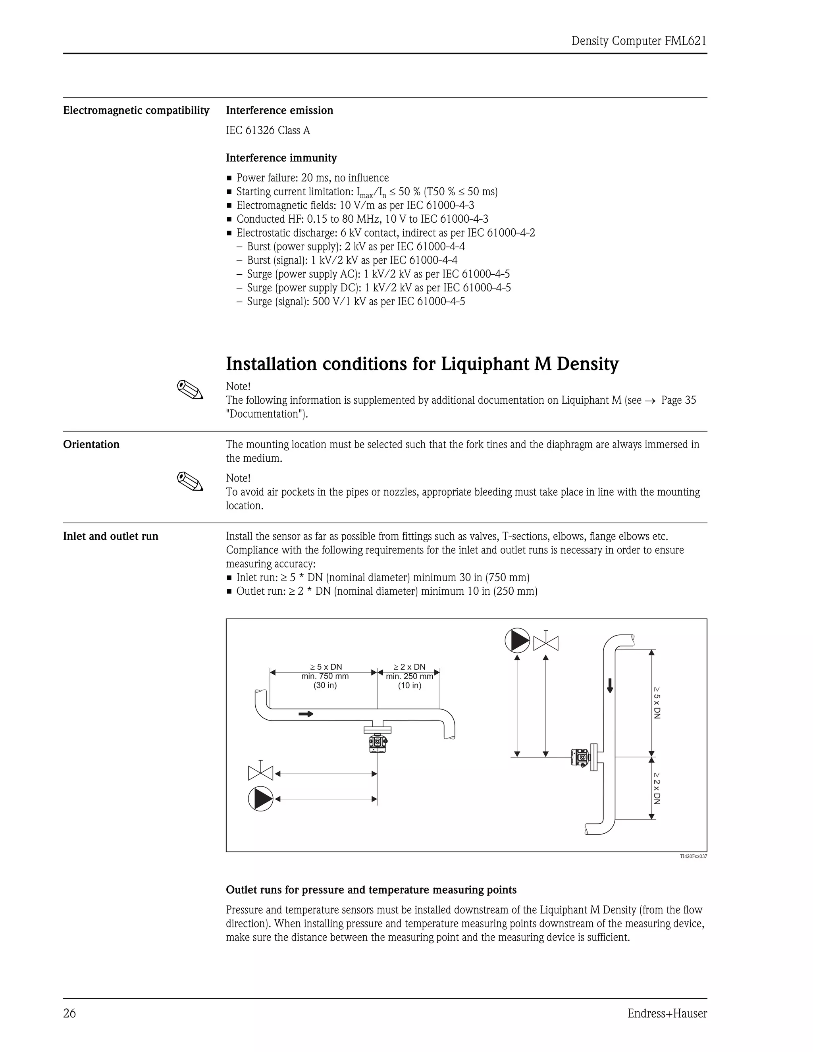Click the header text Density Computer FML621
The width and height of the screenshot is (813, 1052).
click(638, 41)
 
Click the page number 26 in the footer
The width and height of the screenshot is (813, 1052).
click(69, 1013)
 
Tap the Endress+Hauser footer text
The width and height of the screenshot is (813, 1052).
click(667, 1013)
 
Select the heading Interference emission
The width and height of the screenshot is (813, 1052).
click(279, 110)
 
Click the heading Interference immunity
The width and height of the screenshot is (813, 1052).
click(281, 158)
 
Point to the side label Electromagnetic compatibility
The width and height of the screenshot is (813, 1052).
click(136, 110)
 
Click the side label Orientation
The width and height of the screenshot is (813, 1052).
click(91, 444)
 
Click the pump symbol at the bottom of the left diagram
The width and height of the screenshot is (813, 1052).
click(260, 799)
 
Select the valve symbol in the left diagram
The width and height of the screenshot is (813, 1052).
click(260, 773)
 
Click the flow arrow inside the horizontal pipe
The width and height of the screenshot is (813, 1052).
click(305, 714)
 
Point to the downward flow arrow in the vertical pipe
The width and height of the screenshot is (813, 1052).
click(610, 684)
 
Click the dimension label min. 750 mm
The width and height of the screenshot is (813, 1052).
click(325, 676)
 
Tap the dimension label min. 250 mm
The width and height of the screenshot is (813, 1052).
click(409, 676)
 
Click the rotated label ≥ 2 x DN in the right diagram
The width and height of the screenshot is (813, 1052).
click(657, 788)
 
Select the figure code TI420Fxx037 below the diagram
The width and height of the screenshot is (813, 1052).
click(693, 856)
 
